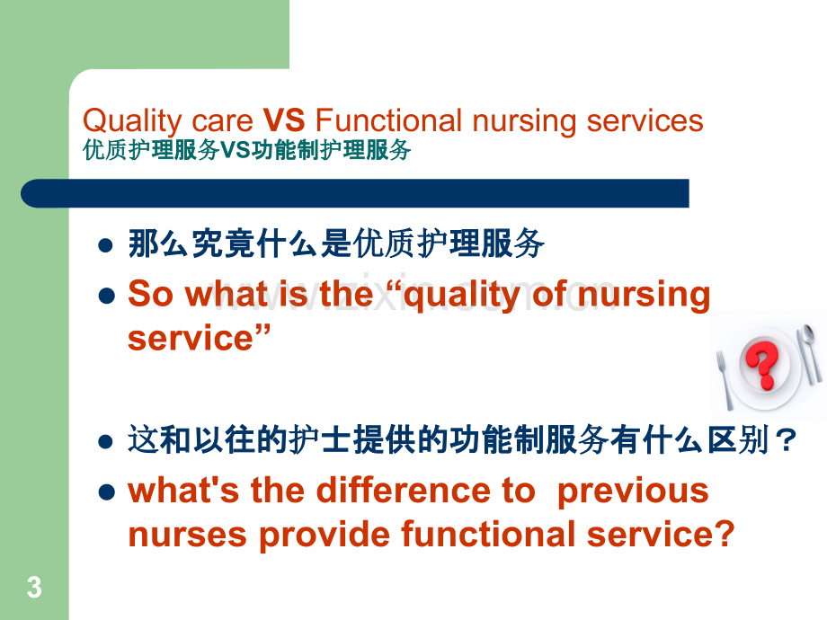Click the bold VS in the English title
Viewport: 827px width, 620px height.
[x=284, y=120]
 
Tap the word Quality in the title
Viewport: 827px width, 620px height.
[x=132, y=122]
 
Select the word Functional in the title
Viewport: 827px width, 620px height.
[x=388, y=120]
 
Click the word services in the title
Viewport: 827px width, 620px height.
[x=645, y=120]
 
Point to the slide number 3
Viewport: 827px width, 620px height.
[x=34, y=588]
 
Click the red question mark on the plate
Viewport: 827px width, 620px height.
[x=761, y=364]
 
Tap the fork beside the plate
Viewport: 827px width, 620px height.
[x=724, y=379]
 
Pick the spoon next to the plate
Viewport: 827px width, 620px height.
[x=808, y=352]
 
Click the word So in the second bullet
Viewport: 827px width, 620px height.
[x=151, y=294]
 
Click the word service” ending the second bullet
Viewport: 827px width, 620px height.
[x=200, y=338]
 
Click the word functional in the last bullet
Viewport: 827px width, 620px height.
[x=488, y=534]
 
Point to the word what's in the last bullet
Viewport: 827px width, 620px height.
[x=183, y=490]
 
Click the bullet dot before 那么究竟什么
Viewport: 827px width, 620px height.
[x=106, y=245]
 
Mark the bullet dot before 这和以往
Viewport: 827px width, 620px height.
[x=106, y=442]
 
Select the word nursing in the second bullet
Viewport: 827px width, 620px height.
[x=644, y=296]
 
